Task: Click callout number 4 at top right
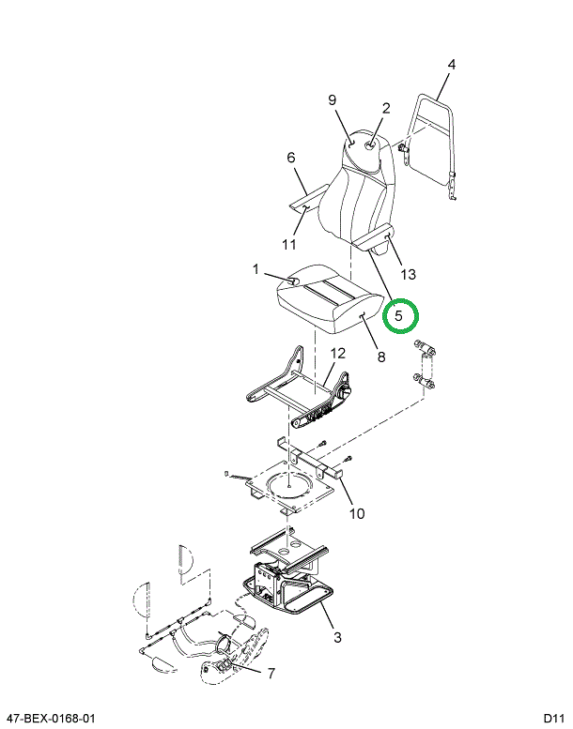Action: pyautogui.click(x=451, y=65)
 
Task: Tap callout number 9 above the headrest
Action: pyautogui.click(x=332, y=100)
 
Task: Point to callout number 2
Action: pyautogui.click(x=385, y=108)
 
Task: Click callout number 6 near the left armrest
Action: pyautogui.click(x=290, y=157)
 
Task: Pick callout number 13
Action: pyautogui.click(x=407, y=274)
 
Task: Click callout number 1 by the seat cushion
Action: pyautogui.click(x=256, y=269)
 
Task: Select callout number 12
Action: pyautogui.click(x=338, y=354)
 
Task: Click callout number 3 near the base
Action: pyautogui.click(x=337, y=638)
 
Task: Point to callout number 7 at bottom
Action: pyautogui.click(x=271, y=673)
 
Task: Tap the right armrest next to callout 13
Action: pyautogui.click(x=374, y=241)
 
